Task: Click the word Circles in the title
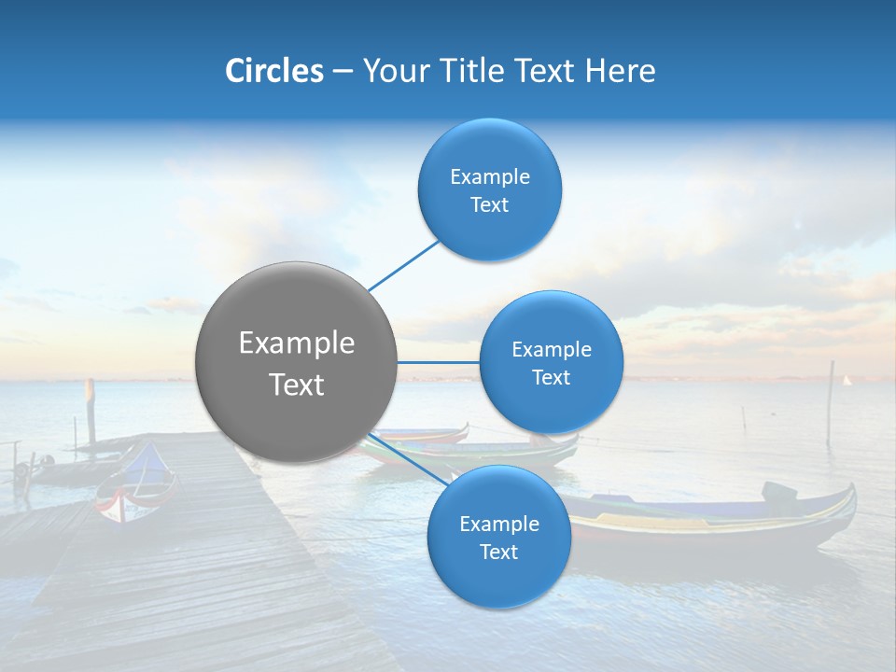point(273,71)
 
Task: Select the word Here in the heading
point(620,71)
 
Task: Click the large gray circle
point(296,362)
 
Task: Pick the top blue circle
point(489,189)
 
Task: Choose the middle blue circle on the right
point(551,362)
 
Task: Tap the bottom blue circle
point(498,538)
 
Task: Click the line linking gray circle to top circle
point(404,264)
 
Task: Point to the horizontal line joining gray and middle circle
point(438,362)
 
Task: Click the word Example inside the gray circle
point(296,343)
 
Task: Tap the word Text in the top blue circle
point(489,205)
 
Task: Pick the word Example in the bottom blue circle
point(498,524)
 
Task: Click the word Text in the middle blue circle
point(551,378)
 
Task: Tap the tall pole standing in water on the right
point(830,401)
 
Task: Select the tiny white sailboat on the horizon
point(847,381)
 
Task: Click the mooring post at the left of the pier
point(91,411)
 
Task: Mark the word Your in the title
point(392,71)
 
